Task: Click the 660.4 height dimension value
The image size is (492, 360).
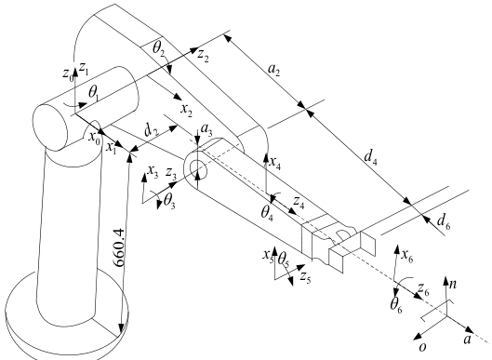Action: coord(120,247)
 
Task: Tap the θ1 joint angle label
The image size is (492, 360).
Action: coord(94,93)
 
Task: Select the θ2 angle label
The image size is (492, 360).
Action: coord(159,48)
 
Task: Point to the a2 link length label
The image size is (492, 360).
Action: coord(273,71)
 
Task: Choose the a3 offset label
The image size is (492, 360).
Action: coord(206,129)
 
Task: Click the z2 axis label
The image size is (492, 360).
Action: coord(203,56)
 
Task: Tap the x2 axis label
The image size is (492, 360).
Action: coord(186,110)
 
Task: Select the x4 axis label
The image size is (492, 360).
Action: coord(275,163)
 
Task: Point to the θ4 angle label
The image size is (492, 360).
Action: coord(267,213)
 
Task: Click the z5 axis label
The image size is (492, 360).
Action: coord(305,277)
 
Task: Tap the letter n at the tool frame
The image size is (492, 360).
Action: coord(453,284)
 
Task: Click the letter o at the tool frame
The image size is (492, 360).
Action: coord(423,347)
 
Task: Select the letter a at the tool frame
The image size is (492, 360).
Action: coord(468,340)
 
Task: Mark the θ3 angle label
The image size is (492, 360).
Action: coord(169,201)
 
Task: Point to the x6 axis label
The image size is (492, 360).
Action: coord(407,256)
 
